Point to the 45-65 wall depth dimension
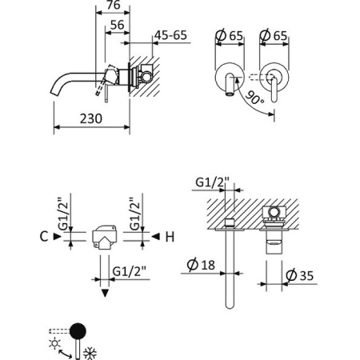[x=170, y=35]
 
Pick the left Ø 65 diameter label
[x=230, y=34]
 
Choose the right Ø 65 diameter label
[x=274, y=34]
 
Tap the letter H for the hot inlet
[x=169, y=236]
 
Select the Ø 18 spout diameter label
[x=200, y=264]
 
